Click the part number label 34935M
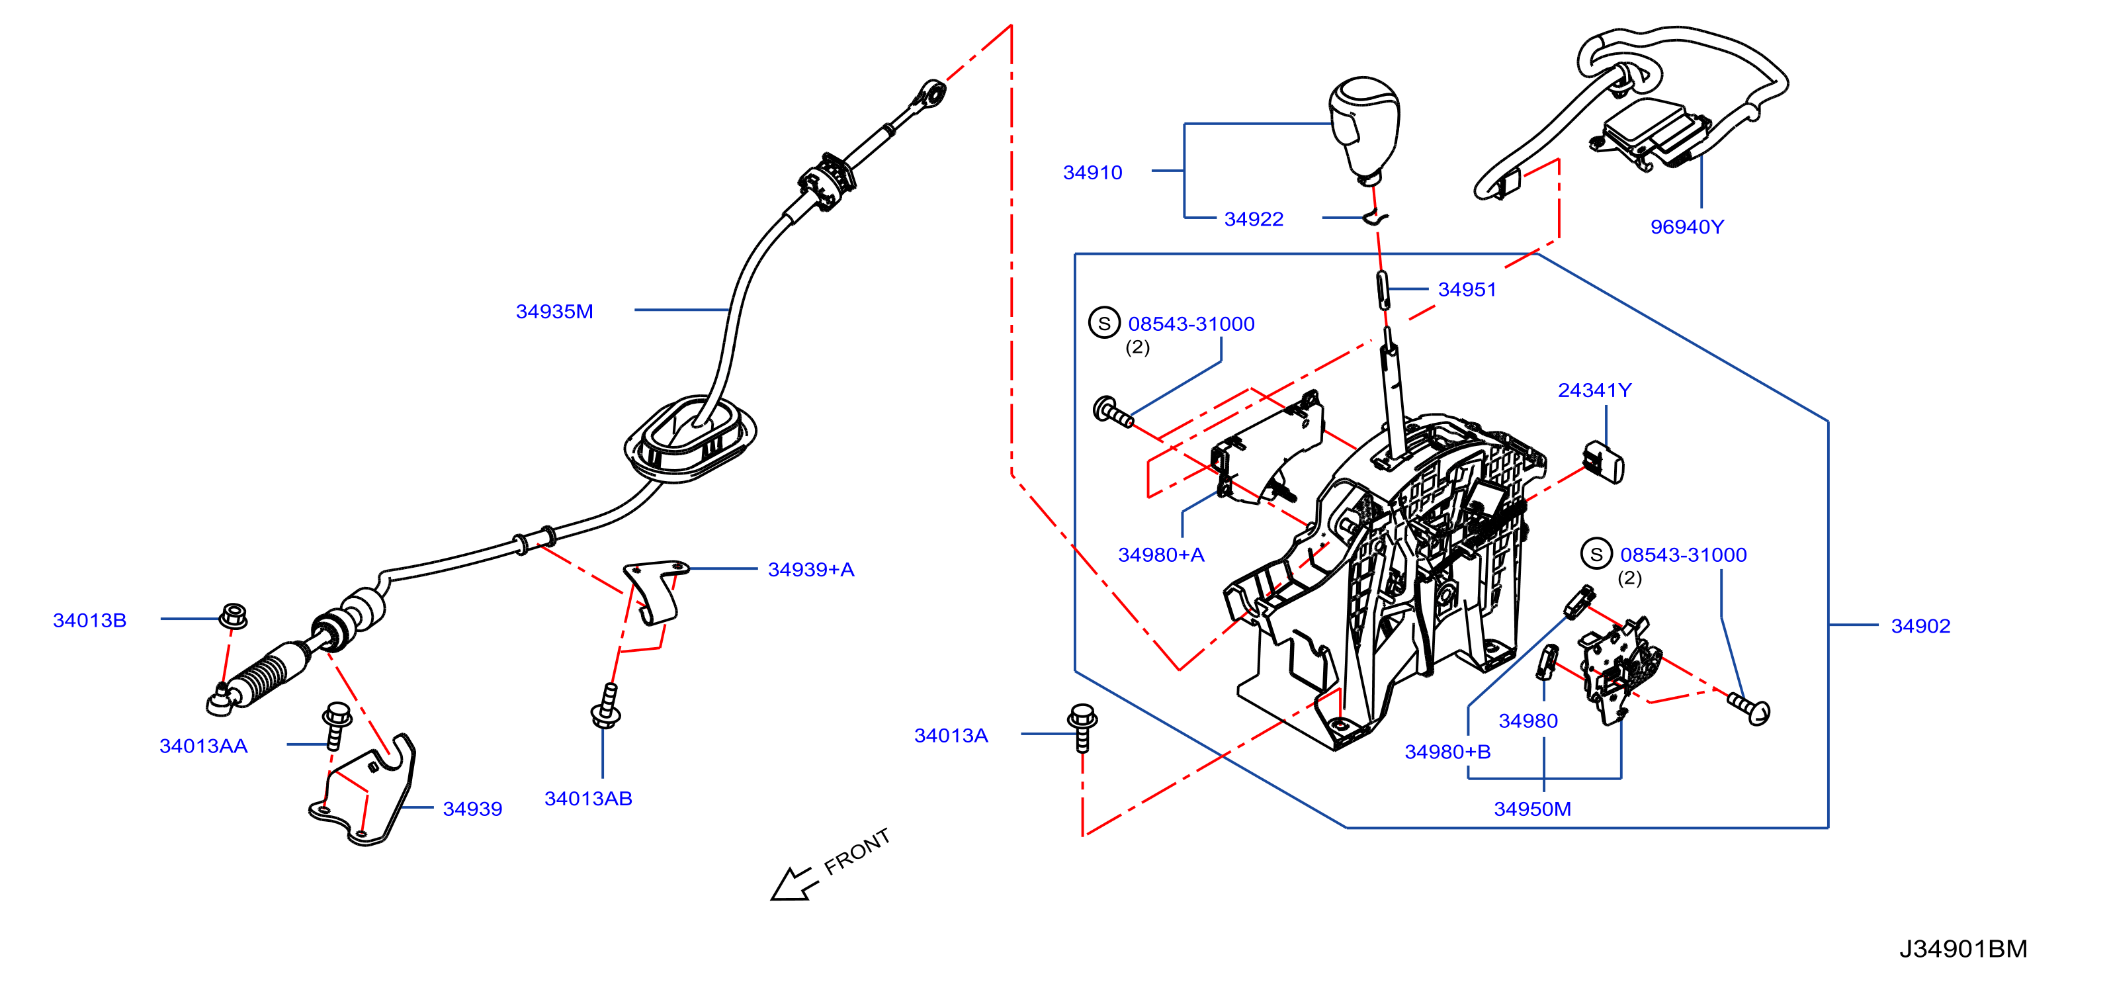[x=554, y=311]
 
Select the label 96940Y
[x=1686, y=227]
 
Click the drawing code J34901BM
[x=1963, y=948]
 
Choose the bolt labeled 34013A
[x=1082, y=727]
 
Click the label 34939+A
[x=810, y=569]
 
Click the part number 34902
[x=1920, y=626]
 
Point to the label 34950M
[x=1533, y=809]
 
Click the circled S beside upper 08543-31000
[x=1103, y=323]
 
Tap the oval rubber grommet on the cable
[x=689, y=438]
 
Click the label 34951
[x=1467, y=290]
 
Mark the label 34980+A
[x=1161, y=555]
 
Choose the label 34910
[x=1092, y=173]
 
